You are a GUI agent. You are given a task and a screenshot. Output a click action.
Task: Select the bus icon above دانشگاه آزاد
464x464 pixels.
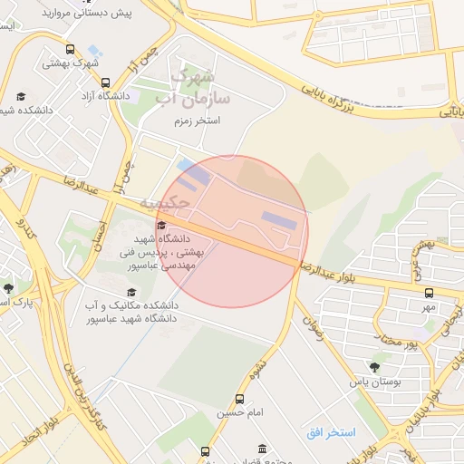(x=95, y=79)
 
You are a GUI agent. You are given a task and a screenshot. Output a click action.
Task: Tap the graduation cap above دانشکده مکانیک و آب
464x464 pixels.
(x=131, y=292)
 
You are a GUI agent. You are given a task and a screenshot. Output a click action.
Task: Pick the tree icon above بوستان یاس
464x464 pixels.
(x=373, y=366)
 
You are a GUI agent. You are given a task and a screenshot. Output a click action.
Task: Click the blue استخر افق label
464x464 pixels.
(x=331, y=432)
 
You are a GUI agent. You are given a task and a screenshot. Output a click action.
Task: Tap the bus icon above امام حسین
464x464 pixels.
(x=239, y=399)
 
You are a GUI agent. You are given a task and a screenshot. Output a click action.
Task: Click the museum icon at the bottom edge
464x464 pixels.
(x=262, y=449)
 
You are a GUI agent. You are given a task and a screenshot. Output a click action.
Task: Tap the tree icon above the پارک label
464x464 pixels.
(x=9, y=288)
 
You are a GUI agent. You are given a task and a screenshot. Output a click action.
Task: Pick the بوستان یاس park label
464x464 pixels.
(x=374, y=382)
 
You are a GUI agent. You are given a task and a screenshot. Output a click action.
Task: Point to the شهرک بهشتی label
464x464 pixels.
(x=73, y=63)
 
